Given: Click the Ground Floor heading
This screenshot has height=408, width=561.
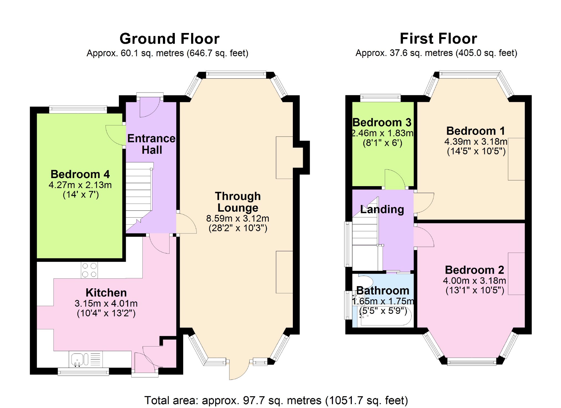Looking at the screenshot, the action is (x=170, y=39).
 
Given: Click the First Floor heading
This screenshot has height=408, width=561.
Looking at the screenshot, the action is (x=438, y=39).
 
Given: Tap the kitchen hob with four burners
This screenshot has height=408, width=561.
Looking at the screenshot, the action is (x=89, y=270).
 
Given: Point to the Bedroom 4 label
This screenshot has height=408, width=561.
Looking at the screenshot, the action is (x=80, y=174).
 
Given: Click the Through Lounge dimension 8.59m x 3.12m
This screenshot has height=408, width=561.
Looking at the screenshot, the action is (x=238, y=218).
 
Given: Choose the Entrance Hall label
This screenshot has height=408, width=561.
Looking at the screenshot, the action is (x=152, y=144).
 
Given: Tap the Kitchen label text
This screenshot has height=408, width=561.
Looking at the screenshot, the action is (x=106, y=293).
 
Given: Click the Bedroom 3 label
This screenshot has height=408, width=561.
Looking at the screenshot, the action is (x=382, y=122).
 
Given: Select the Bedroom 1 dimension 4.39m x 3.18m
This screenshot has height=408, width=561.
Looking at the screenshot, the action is (x=476, y=142).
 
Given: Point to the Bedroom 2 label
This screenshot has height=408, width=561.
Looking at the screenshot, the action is (x=475, y=270).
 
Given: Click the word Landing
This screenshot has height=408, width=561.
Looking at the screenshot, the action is (x=382, y=210).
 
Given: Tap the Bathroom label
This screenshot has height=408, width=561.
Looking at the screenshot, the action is (x=383, y=291).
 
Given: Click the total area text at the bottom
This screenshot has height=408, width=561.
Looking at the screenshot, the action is (x=276, y=401).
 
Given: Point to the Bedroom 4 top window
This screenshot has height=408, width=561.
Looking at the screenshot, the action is (x=78, y=110).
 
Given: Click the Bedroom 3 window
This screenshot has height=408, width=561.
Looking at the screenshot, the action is (x=380, y=98).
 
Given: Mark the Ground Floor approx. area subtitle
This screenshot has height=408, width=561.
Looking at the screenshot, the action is (x=167, y=53).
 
